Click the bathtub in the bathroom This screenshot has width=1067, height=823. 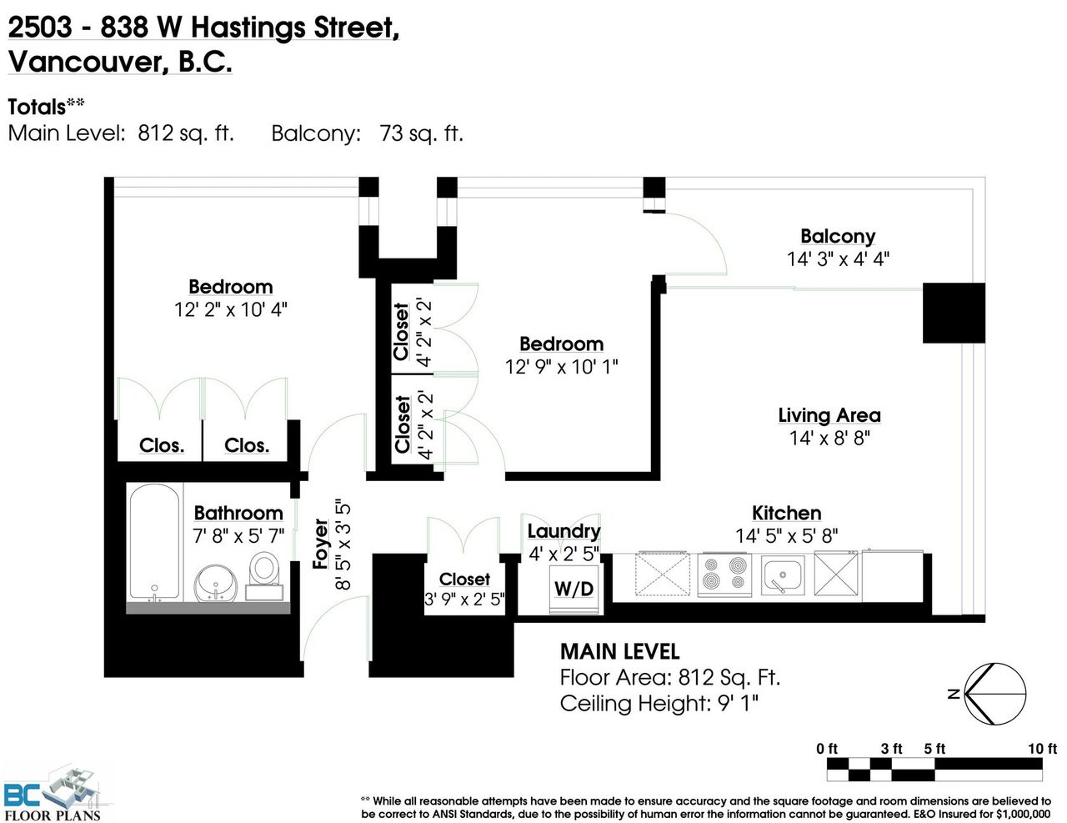click(155, 541)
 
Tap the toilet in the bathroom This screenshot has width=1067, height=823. click(264, 575)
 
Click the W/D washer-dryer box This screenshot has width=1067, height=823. click(574, 589)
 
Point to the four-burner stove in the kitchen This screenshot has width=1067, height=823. click(724, 575)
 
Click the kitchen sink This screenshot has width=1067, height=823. click(782, 575)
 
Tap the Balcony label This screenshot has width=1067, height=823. click(838, 236)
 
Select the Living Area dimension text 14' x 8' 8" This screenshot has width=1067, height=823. click(829, 438)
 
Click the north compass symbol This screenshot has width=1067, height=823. click(994, 694)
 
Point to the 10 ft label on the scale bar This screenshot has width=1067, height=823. click(1042, 749)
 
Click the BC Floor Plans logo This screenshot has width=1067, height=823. click(53, 795)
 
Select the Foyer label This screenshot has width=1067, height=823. click(320, 544)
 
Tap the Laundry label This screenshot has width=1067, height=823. click(564, 531)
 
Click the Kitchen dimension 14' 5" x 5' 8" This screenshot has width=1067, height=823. click(786, 535)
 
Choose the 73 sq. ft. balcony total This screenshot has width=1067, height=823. click(421, 133)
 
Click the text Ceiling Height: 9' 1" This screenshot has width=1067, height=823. click(659, 703)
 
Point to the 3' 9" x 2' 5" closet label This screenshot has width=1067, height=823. click(464, 599)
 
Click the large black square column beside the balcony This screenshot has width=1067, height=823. click(954, 313)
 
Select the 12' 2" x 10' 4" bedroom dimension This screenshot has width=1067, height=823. click(230, 310)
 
